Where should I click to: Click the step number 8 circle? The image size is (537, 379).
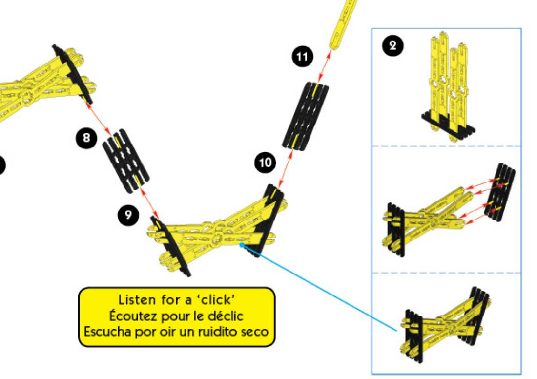click(x=86, y=138)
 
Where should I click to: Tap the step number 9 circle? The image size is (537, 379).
click(x=128, y=215)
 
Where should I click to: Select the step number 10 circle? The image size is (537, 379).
click(x=265, y=163)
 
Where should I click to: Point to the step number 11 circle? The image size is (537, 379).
click(x=302, y=57)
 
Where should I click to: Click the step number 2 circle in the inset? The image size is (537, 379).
click(x=393, y=46)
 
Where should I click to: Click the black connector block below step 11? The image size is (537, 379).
click(x=306, y=115)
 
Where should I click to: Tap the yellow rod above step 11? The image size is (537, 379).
click(x=343, y=24)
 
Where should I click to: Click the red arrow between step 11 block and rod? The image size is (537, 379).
click(x=324, y=65)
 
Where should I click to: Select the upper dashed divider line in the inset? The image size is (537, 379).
click(x=447, y=146)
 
